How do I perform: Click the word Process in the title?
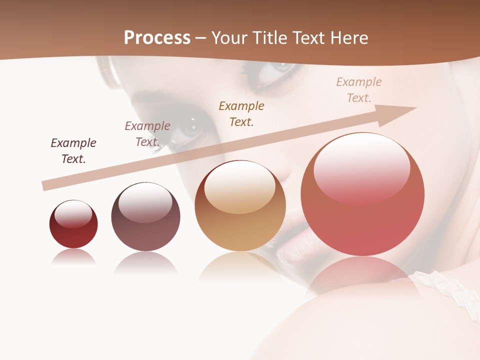click(x=157, y=38)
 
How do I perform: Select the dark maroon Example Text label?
click(x=73, y=150)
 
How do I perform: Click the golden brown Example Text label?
click(x=241, y=113)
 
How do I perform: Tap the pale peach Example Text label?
click(x=359, y=89)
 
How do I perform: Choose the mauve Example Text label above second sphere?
click(x=147, y=133)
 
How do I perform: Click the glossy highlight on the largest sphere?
click(x=361, y=165)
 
